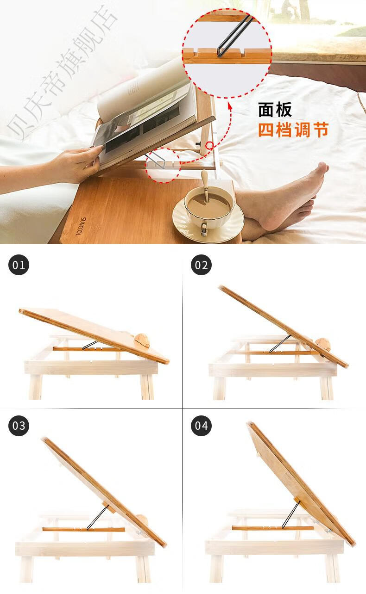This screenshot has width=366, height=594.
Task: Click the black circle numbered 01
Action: click(19, 265)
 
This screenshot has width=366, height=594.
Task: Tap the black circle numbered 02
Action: click(201, 265)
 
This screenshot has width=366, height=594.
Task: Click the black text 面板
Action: click(275, 110)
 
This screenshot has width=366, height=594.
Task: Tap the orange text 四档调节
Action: click(293, 130)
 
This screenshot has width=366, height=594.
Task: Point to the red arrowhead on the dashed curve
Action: click(230, 108)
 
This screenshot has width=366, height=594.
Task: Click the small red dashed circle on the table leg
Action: click(210, 145)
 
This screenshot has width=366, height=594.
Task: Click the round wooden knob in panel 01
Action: click(142, 340)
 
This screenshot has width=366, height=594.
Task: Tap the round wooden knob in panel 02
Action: click(324, 345)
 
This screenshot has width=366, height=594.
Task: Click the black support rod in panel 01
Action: click(90, 345)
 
